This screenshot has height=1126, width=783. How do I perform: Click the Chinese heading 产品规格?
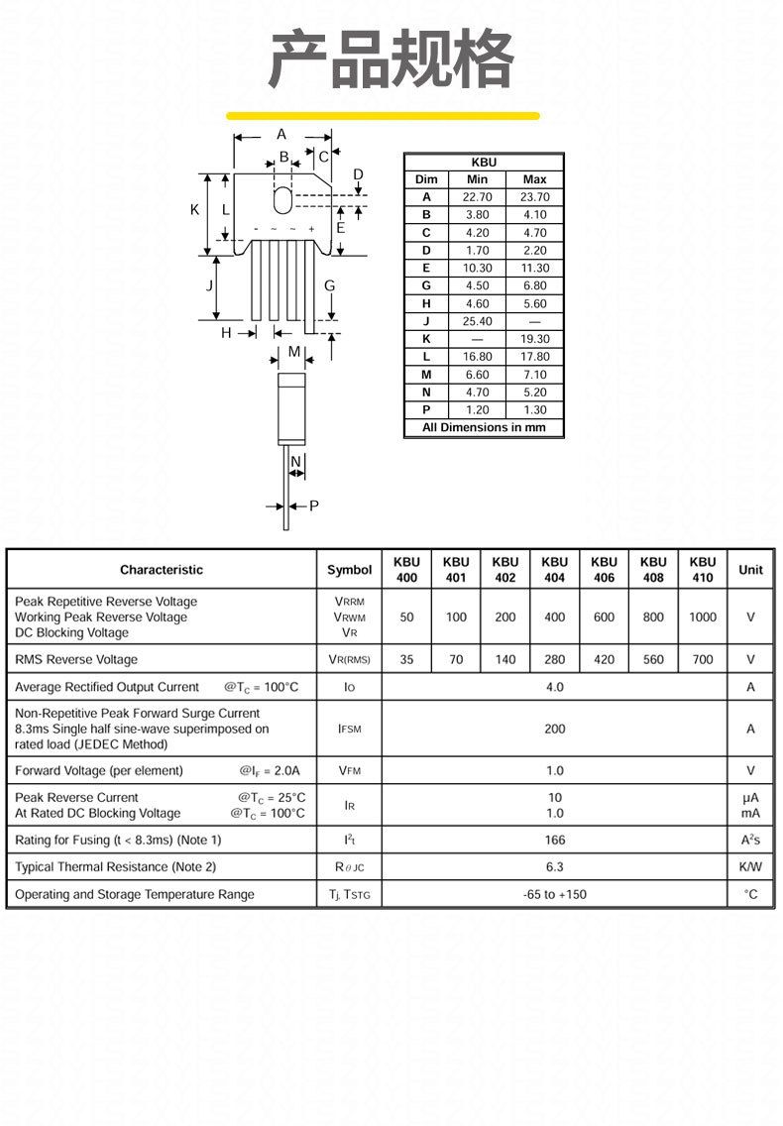coord(391,61)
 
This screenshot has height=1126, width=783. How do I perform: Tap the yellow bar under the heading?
coord(383,116)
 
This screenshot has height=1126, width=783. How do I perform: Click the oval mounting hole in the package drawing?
coord(283,199)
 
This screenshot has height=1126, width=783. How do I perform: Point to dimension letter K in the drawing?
coord(195,210)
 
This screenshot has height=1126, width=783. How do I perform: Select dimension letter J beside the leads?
coord(209,286)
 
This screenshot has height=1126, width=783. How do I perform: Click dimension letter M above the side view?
coord(294,352)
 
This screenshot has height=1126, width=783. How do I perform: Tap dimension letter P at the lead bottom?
coord(314,507)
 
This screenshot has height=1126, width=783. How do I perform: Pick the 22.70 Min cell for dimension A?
coord(477,197)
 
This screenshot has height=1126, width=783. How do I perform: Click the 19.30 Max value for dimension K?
coord(534,339)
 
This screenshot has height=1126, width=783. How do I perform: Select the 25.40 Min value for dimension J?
coord(477,321)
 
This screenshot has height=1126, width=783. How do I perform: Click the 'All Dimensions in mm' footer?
coord(484,428)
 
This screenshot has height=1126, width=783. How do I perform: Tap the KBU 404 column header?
coord(555,570)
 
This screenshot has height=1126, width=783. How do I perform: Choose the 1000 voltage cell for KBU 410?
coord(703,617)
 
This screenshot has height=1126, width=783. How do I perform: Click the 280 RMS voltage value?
coord(555,659)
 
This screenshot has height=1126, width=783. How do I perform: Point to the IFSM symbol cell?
coord(349,729)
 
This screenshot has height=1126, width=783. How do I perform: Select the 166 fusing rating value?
coord(555,840)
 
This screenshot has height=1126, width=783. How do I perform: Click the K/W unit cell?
coord(750,867)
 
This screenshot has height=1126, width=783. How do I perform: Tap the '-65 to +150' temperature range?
coord(555,894)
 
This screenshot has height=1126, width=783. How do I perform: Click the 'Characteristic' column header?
coord(162,570)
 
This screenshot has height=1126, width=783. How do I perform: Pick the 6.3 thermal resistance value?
coord(555,867)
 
